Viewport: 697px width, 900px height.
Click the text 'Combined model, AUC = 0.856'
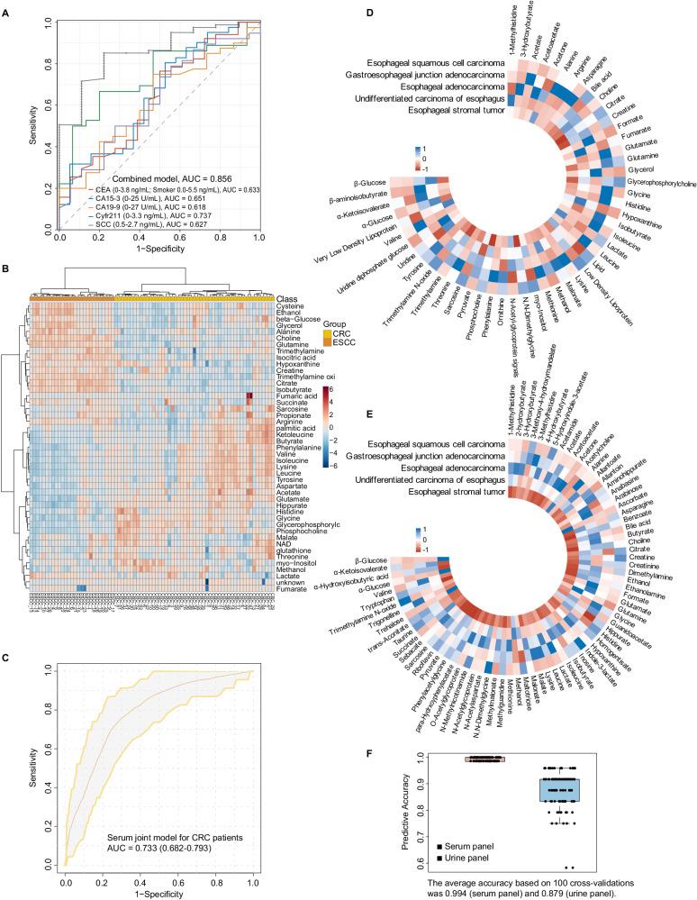[x=163, y=177]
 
